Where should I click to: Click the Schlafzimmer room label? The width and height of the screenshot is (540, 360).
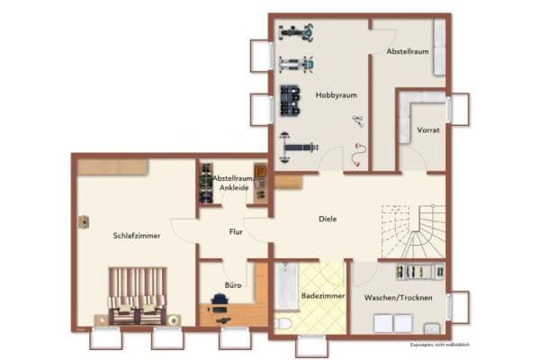pyautogui.click(x=137, y=236)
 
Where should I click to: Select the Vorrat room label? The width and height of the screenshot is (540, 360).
pyautogui.click(x=428, y=130)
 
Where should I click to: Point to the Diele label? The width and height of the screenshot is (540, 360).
pyautogui.click(x=328, y=219)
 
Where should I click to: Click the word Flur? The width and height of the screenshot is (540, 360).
pyautogui.click(x=236, y=232)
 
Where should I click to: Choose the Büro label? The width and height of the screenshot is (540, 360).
pyautogui.click(x=232, y=284)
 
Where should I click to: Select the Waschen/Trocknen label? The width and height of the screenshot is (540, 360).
pyautogui.click(x=398, y=297)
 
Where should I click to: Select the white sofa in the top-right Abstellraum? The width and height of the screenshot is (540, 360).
pyautogui.click(x=439, y=40)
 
